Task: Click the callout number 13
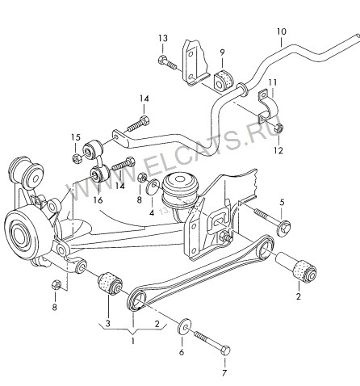pos(163,38)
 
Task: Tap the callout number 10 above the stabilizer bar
pos(282,31)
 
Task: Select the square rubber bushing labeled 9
pos(224,80)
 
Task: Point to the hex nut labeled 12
pos(278,128)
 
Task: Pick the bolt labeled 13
pos(167,62)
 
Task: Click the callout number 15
pos(76,137)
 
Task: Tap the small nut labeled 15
pos(76,158)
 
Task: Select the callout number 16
pos(98,199)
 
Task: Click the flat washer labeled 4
pos(153,187)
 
